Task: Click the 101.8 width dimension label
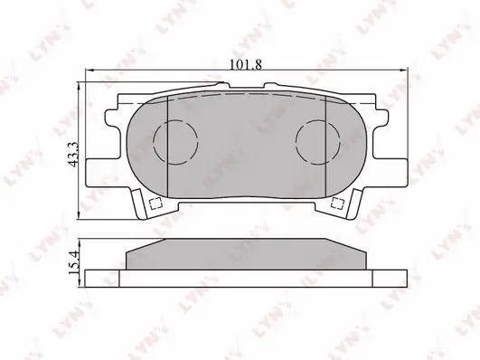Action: coord(246,64)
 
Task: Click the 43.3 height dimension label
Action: coord(74,154)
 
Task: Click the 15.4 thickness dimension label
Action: coord(74,262)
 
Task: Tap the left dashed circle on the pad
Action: coord(175,142)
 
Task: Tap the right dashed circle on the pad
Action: coord(318,142)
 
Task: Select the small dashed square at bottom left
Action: coord(155,204)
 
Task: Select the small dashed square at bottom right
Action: coord(338,204)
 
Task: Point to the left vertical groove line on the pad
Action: coord(168,147)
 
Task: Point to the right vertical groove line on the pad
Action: coord(325,146)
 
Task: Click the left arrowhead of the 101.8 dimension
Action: coord(89,71)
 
